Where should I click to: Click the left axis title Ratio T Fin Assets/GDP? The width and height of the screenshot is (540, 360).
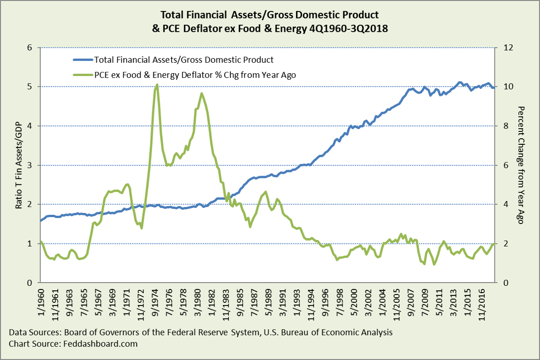coord(19,165)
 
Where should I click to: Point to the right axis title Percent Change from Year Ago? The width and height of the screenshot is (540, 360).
coord(522,165)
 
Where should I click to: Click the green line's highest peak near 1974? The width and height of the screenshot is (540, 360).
coord(157,85)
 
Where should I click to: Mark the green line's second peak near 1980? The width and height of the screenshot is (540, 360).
coord(202,94)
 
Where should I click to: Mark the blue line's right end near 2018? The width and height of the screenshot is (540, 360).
coord(494,88)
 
